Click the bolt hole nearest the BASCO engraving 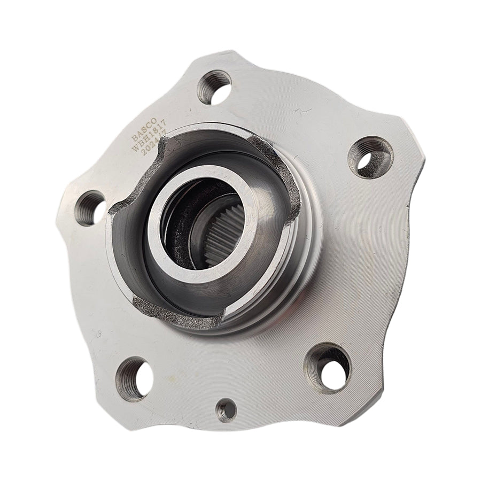pyautogui.click(x=214, y=87)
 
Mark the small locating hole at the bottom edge pyautogui.click(x=226, y=410)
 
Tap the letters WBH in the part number pyautogui.click(x=142, y=144)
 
